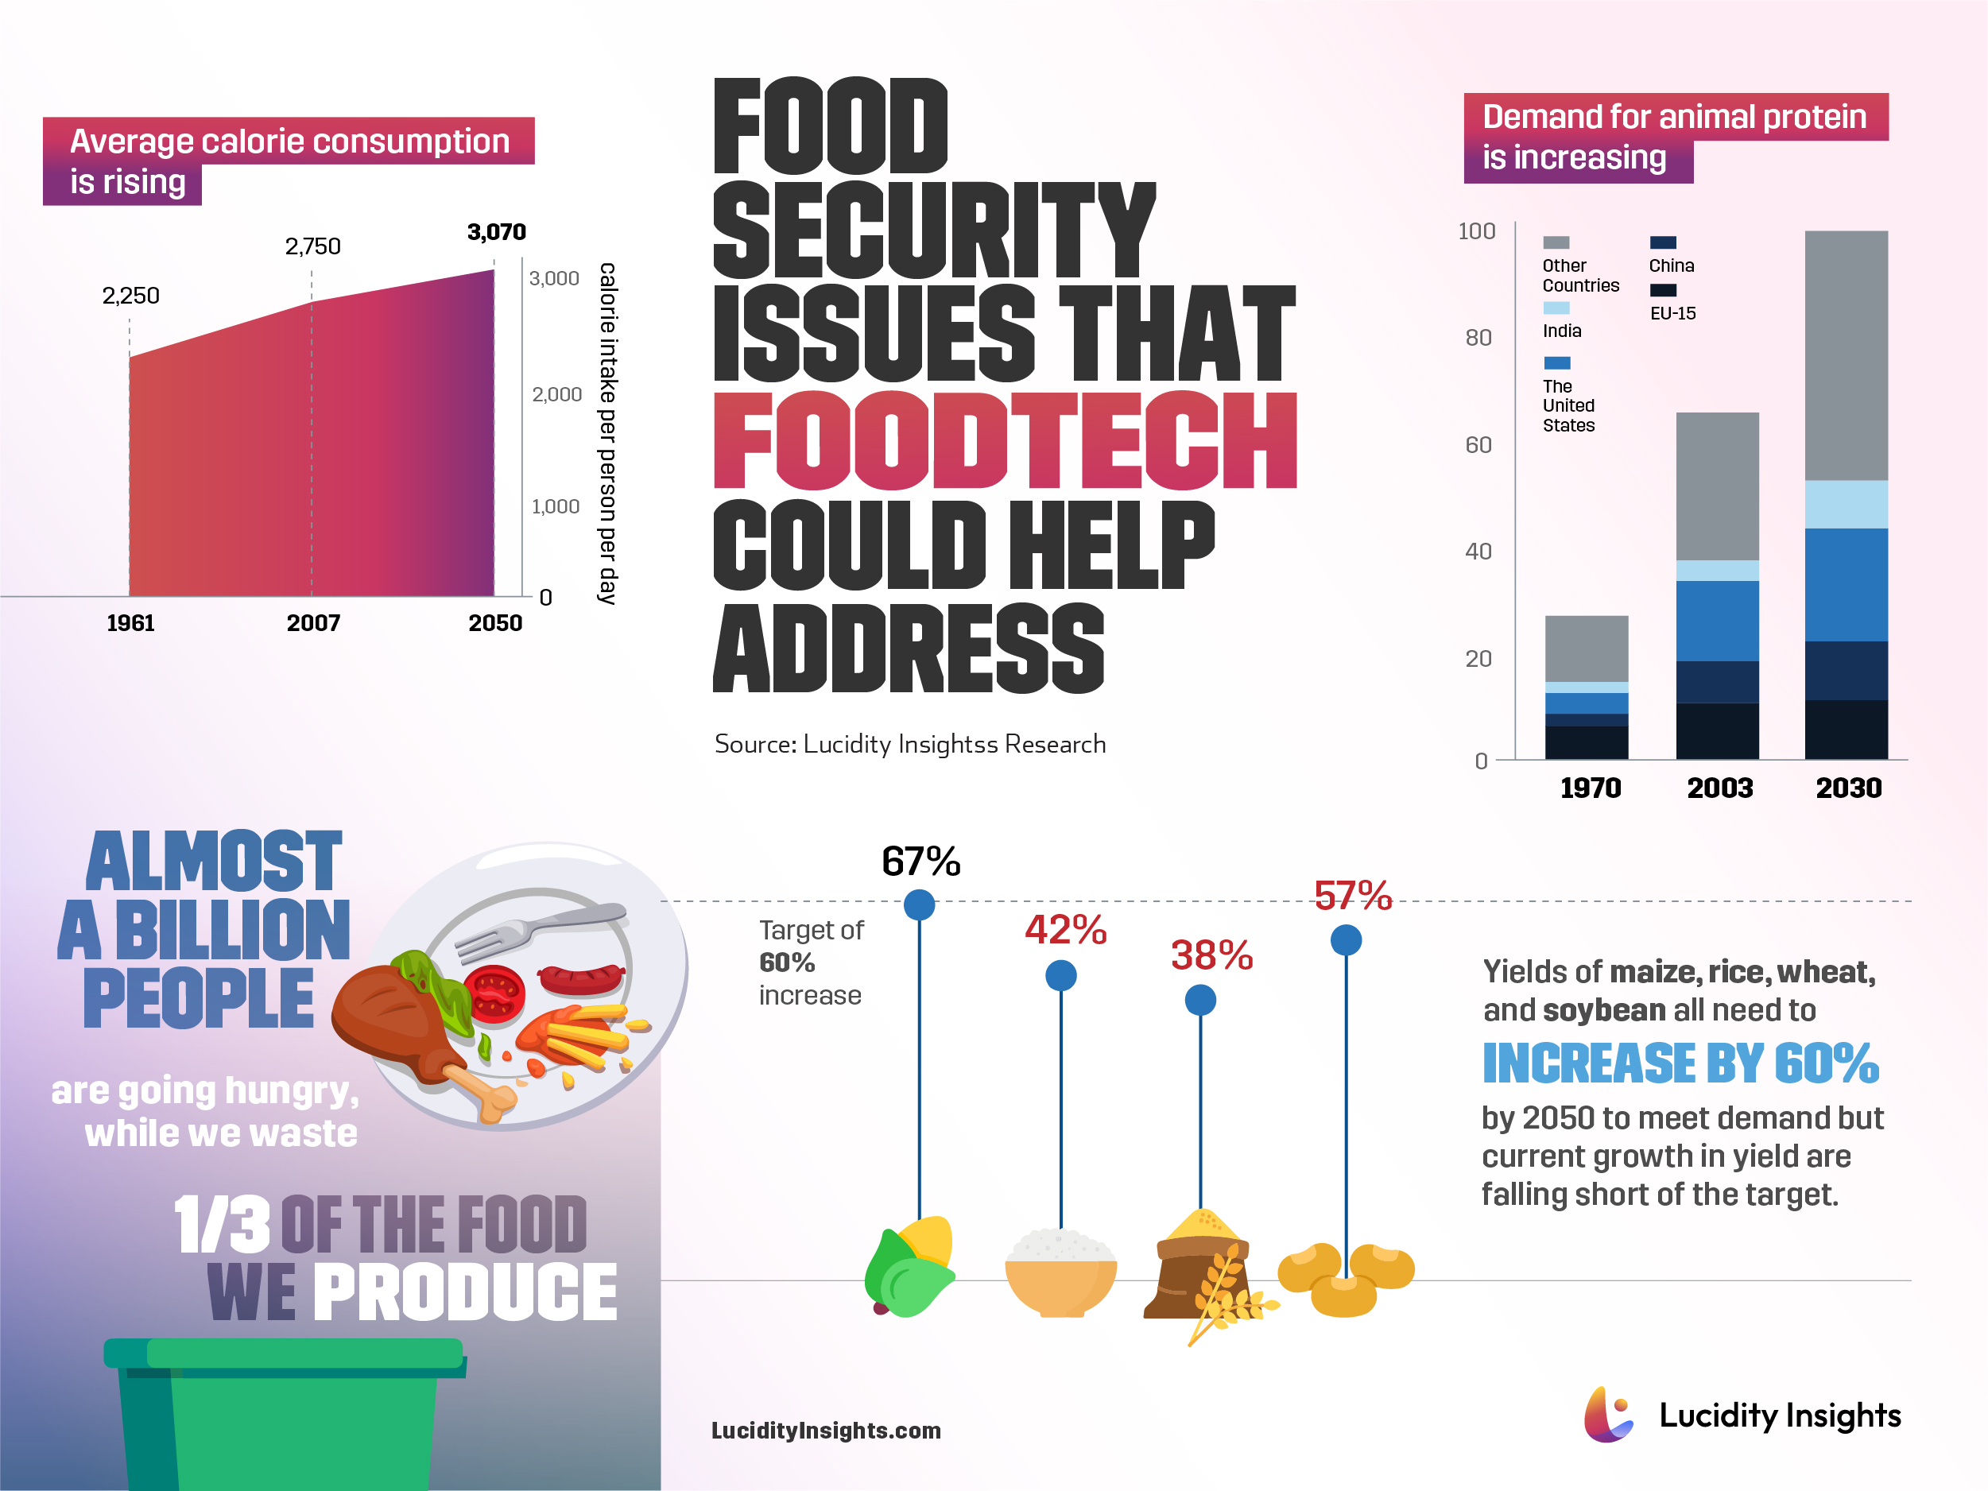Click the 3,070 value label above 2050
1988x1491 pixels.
[x=496, y=232]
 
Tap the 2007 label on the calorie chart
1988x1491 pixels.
[x=312, y=623]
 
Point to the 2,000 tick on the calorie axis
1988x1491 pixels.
[x=556, y=393]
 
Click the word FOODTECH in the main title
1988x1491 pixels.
[x=1004, y=440]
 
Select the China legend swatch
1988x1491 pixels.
[x=1663, y=242]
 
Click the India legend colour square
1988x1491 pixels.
[x=1556, y=308]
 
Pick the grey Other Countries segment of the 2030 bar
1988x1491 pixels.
[x=1846, y=355]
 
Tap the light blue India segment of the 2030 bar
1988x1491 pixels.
[x=1846, y=504]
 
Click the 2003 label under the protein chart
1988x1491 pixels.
[x=1719, y=788]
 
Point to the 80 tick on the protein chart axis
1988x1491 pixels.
[x=1478, y=338]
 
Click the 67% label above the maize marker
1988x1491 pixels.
[x=920, y=861]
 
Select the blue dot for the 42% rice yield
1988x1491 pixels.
[x=1060, y=975]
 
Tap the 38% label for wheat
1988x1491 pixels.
[x=1211, y=955]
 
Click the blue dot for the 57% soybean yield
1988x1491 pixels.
[x=1346, y=940]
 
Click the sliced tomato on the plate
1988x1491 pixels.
[x=494, y=994]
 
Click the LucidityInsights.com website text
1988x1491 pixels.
[x=825, y=1431]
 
